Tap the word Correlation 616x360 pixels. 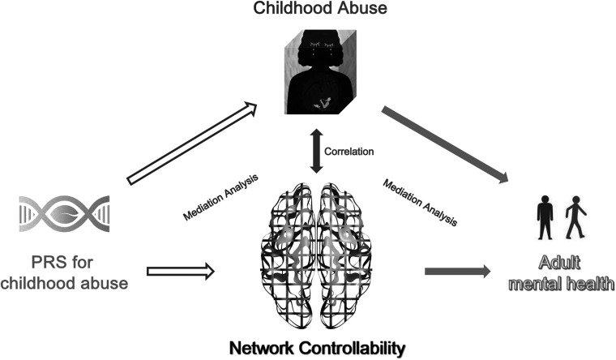click(349, 151)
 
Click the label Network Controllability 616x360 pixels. click(315, 349)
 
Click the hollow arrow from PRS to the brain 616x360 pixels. click(182, 272)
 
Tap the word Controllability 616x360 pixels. click(353, 349)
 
